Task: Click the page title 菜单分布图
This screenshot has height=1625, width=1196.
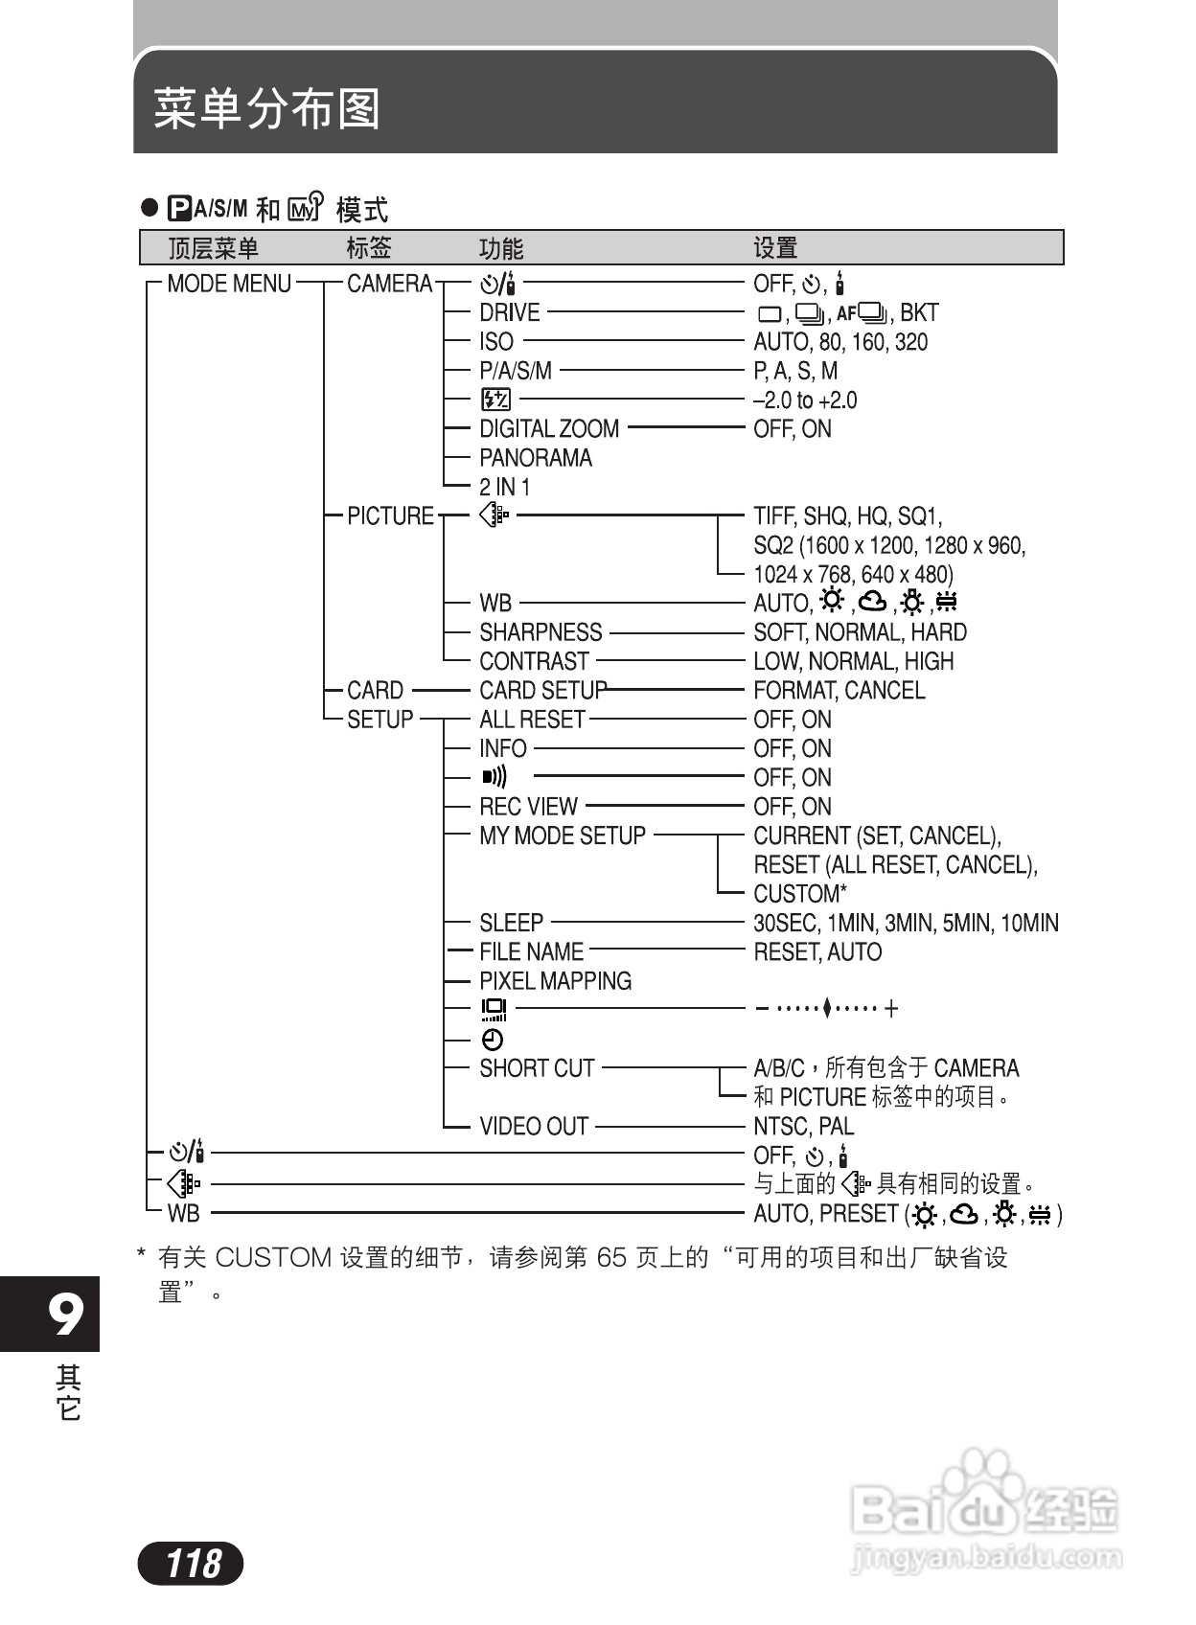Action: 267,109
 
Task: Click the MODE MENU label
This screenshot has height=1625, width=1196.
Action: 229,284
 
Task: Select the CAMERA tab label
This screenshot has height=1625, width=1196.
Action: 389,284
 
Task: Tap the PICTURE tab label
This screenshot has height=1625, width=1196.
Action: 390,515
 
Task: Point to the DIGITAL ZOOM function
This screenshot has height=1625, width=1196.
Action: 549,428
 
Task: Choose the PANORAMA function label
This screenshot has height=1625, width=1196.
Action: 536,458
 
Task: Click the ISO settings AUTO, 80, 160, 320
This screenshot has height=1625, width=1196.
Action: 840,342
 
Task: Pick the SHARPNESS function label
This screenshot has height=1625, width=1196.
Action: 540,632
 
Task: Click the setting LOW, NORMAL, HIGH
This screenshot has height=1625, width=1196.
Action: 854,661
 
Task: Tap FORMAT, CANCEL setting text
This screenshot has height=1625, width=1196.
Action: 839,690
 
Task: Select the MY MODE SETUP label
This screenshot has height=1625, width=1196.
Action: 563,835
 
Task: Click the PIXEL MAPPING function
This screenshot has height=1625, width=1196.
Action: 556,981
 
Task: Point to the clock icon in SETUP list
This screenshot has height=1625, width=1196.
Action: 493,1040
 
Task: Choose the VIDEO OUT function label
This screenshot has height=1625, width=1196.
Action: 534,1126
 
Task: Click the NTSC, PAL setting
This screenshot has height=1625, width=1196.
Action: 803,1126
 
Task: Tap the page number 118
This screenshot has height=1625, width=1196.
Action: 192,1564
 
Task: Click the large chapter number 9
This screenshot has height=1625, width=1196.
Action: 65,1315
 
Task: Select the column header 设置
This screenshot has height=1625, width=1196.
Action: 775,248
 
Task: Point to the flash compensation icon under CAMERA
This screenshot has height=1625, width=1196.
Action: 495,400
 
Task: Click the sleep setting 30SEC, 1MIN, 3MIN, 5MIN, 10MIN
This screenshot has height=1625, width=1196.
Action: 906,923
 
